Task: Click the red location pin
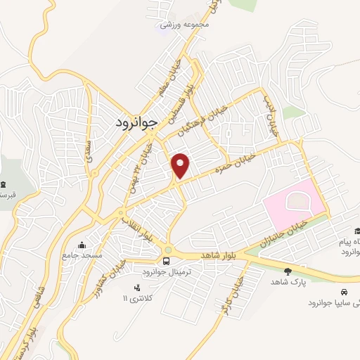pos(181,166)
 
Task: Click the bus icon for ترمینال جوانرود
pos(166,272)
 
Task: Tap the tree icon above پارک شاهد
pos(287,271)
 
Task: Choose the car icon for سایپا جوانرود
pos(342,292)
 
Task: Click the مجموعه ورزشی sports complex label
pos(185,24)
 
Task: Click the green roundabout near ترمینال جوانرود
pos(169,250)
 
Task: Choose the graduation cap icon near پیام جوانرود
pos(357,231)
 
